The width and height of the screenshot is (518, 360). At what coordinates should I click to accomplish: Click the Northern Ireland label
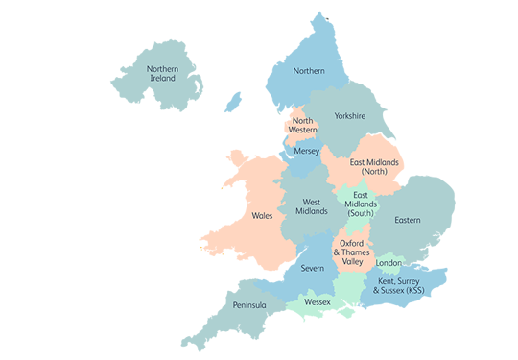[161, 73]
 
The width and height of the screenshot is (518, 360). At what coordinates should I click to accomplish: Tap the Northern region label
[309, 71]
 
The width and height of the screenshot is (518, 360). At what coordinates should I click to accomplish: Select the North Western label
[303, 126]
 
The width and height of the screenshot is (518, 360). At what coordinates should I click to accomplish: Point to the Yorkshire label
[350, 116]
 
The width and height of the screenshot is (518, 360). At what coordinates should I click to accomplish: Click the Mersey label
[307, 152]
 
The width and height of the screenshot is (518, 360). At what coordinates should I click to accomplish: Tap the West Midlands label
[311, 206]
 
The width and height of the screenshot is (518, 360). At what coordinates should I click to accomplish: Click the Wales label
[263, 216]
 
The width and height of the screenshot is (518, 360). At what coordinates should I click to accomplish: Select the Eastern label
[408, 221]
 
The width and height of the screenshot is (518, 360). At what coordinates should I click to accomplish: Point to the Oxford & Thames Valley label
[351, 252]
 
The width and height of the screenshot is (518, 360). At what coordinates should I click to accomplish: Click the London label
[388, 263]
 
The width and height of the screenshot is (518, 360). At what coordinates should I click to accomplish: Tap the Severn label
[312, 269]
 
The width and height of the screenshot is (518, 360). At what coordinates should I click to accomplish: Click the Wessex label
[317, 302]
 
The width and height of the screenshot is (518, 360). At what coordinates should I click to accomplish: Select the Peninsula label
[249, 305]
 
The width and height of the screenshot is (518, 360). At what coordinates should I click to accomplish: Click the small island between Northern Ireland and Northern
[233, 101]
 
